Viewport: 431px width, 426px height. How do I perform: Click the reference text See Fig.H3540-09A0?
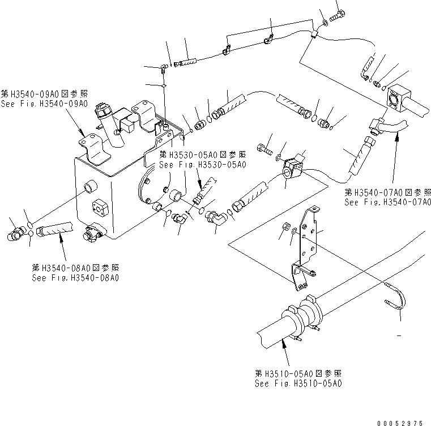[x=44, y=104]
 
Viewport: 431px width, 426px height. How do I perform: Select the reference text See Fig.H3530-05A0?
[x=202, y=165]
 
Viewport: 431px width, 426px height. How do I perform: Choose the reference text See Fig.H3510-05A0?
[x=298, y=384]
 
